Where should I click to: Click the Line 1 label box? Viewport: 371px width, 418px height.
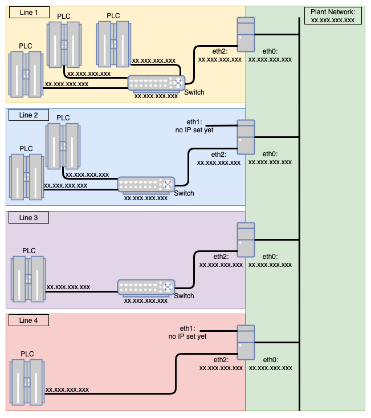[28, 12]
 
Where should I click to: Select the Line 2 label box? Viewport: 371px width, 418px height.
[28, 115]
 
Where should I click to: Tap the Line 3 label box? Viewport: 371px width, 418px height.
[28, 218]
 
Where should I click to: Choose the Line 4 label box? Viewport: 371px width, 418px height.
[28, 320]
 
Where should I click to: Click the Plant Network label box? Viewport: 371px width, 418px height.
[333, 15]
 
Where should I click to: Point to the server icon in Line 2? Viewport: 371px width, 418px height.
[246, 137]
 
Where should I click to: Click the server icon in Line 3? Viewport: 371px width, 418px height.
[246, 240]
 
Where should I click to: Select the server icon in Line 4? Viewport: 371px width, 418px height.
[246, 342]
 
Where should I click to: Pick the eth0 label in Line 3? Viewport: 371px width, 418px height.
[271, 257]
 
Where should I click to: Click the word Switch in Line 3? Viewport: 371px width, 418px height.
[184, 296]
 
